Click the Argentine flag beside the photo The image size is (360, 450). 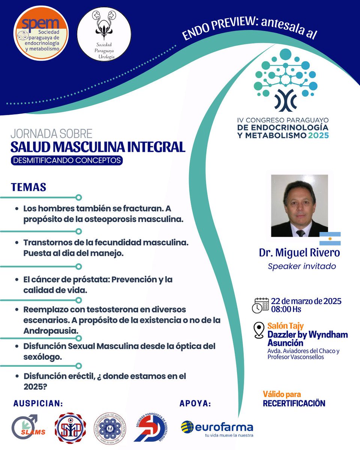pos(330,238)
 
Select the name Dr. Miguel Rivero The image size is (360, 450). pos(299,253)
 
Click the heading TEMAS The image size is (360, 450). pos(28,187)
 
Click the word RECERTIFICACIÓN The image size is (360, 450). pos(294,403)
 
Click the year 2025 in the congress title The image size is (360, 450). pos(316,135)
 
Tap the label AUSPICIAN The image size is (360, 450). pos(38,403)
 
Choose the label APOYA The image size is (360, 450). pos(195,403)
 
